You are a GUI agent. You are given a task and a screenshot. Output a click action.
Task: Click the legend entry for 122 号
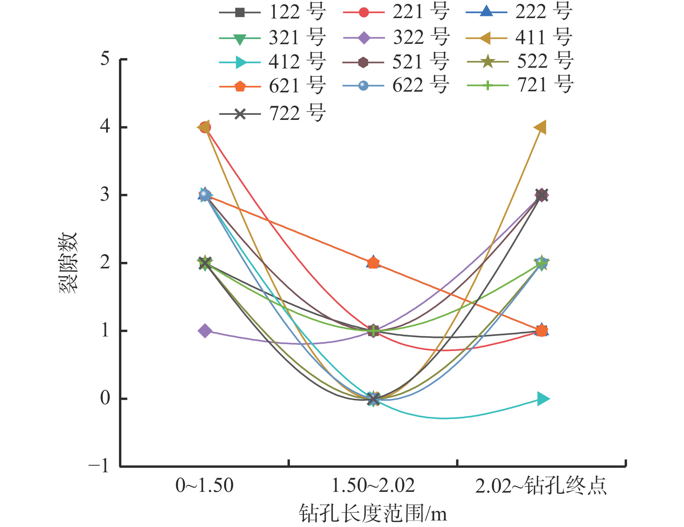272,12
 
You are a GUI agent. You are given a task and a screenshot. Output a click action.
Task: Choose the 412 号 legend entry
272,62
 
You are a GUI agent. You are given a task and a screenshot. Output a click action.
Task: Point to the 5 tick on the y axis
105,59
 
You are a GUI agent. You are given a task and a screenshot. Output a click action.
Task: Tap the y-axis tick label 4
105,127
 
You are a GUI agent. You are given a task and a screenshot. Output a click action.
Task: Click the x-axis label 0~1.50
204,486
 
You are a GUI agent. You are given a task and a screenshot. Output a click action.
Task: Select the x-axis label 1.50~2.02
373,486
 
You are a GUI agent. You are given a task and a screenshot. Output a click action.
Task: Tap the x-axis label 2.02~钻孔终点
541,486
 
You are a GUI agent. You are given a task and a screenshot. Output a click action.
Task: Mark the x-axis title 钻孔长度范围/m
373,514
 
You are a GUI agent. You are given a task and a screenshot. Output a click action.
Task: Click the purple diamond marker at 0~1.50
205,331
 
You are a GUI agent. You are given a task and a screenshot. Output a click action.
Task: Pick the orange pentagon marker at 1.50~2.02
373,263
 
